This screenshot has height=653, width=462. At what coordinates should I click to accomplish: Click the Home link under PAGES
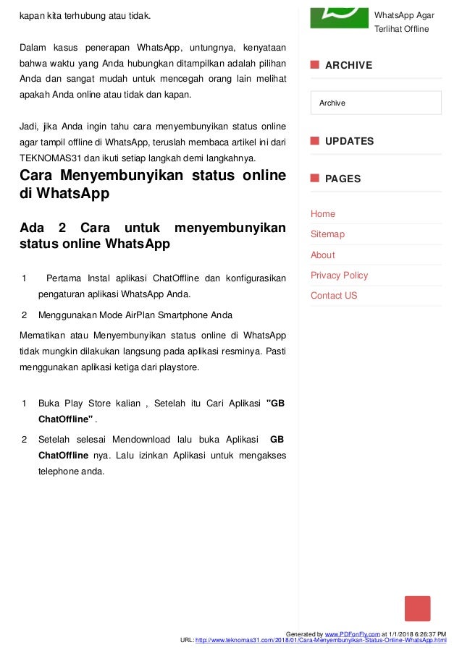pyautogui.click(x=323, y=214)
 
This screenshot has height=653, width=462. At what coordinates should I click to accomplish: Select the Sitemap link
pyautogui.click(x=327, y=234)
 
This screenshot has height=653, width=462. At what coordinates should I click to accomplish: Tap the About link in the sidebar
pyautogui.click(x=323, y=255)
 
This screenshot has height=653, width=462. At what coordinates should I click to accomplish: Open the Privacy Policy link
pyautogui.click(x=339, y=276)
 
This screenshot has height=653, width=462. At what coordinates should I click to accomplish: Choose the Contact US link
pyautogui.click(x=334, y=296)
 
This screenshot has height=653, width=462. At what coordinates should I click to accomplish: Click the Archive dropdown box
pyautogui.click(x=376, y=103)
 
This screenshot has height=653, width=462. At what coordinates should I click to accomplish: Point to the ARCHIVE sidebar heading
pyautogui.click(x=348, y=65)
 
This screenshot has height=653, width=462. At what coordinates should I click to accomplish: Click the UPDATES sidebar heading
pyautogui.click(x=349, y=141)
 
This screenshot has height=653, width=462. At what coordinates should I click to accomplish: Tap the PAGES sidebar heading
pyautogui.click(x=343, y=179)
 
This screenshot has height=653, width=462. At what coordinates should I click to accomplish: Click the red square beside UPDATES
pyautogui.click(x=315, y=140)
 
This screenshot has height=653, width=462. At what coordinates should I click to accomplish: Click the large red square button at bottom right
pyautogui.click(x=417, y=608)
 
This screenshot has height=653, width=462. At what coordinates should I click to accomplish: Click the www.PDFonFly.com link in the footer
pyautogui.click(x=353, y=633)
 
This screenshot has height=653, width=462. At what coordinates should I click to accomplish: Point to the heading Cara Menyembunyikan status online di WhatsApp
pyautogui.click(x=152, y=184)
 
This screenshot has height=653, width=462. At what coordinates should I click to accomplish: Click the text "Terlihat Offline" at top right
pyautogui.click(x=402, y=29)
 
